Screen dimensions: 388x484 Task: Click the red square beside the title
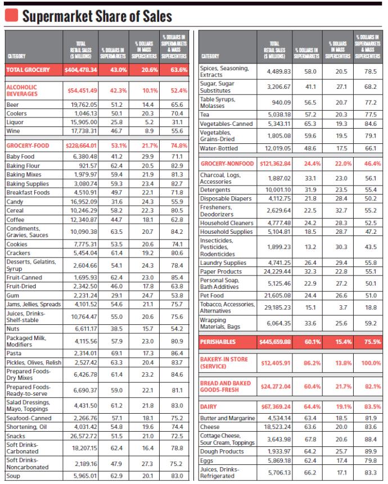(x=11, y=15)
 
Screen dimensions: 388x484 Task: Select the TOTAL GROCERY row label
(x=28, y=70)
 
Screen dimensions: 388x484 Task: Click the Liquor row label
(x=15, y=122)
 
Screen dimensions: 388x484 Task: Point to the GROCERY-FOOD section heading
(x=28, y=146)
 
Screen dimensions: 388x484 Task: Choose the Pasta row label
(x=14, y=353)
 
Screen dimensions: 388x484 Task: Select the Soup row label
(x=13, y=476)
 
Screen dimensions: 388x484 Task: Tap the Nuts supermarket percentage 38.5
(x=116, y=329)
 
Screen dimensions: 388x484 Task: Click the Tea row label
(x=204, y=115)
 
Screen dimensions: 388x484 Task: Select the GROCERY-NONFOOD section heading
(x=227, y=164)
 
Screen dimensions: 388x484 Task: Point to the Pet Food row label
(x=212, y=295)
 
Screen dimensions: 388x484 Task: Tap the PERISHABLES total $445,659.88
(x=275, y=342)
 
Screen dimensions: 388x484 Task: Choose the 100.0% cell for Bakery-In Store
(x=371, y=363)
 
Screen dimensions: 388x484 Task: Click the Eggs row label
(x=206, y=460)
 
